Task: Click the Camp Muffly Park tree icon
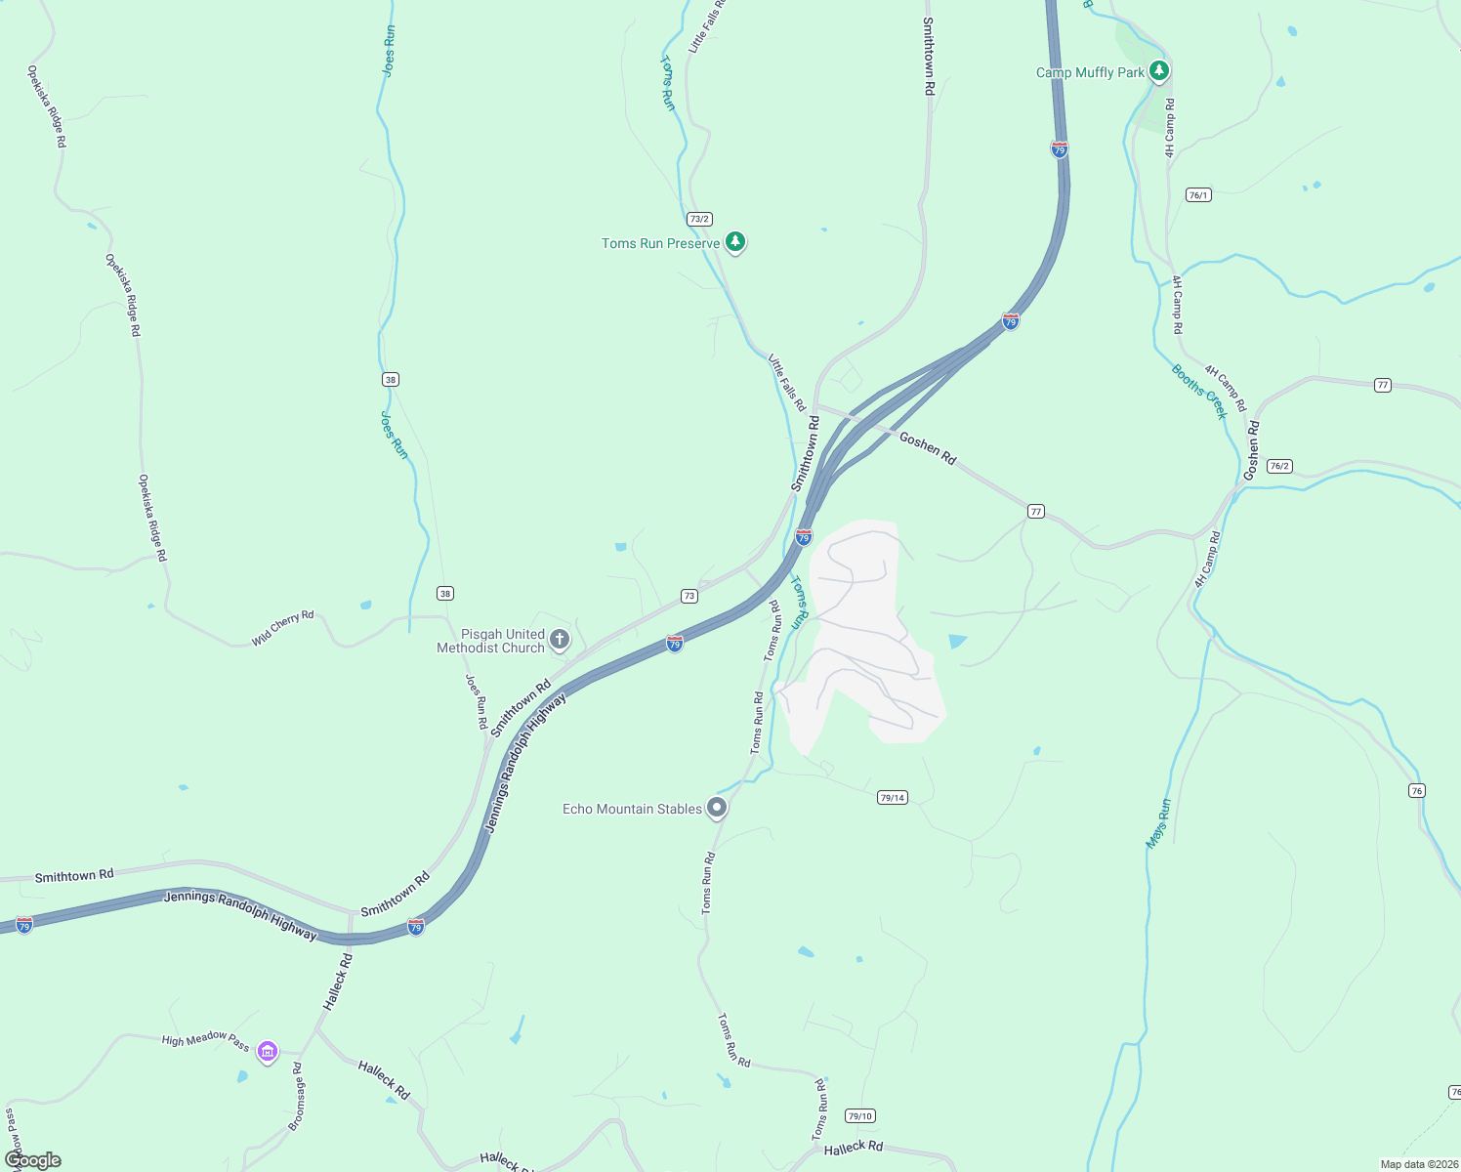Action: tap(1159, 70)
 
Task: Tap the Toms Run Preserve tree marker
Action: tap(735, 241)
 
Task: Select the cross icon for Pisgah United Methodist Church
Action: tap(560, 640)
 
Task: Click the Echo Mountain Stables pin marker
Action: tap(717, 808)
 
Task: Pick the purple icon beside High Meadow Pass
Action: tap(268, 1052)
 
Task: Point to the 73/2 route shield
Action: tap(698, 219)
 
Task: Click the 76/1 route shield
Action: tap(1198, 195)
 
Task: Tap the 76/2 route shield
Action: tap(1279, 466)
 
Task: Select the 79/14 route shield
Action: tap(892, 798)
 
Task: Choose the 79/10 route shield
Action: tap(859, 1116)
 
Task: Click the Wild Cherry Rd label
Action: tap(283, 628)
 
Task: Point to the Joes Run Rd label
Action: tap(476, 702)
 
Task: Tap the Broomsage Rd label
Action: tap(297, 1097)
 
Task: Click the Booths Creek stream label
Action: tap(1199, 391)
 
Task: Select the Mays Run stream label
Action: tap(1158, 823)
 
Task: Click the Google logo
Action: tap(33, 1159)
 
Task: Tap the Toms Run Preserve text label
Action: tap(660, 243)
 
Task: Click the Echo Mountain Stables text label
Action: tap(632, 809)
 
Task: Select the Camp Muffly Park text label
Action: tap(1090, 72)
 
